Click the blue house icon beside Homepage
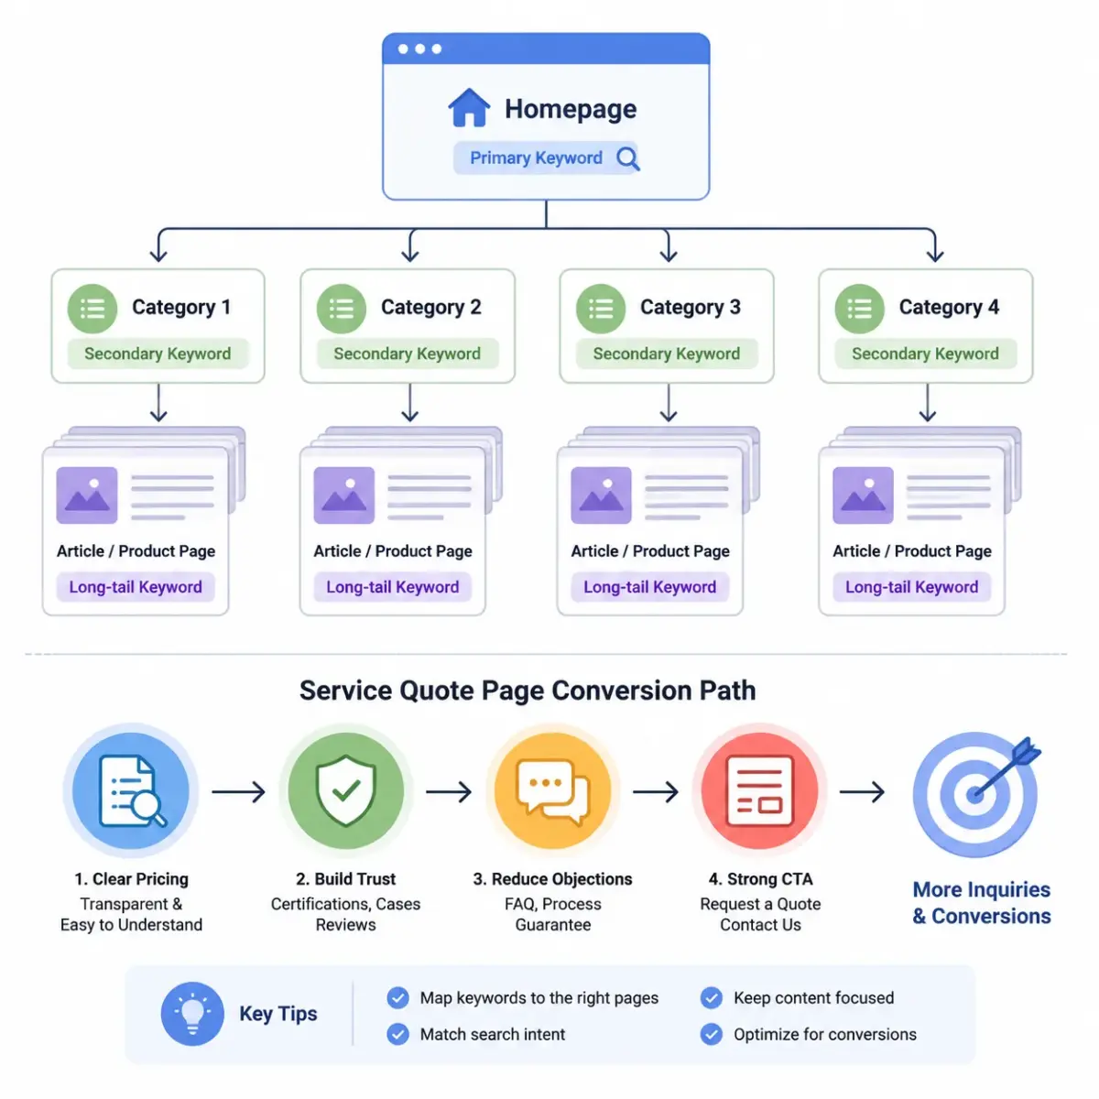(468, 107)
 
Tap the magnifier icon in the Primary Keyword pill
(627, 158)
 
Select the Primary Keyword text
(536, 158)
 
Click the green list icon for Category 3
(600, 309)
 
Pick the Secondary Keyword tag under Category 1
(158, 354)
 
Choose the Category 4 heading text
(949, 307)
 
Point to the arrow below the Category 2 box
(409, 403)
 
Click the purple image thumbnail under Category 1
(87, 495)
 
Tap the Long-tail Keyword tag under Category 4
(911, 587)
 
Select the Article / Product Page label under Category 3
(650, 551)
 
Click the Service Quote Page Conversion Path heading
(528, 691)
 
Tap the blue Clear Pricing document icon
(131, 791)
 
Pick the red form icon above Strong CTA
(759, 791)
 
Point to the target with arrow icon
(975, 794)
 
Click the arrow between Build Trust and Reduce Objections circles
(449, 791)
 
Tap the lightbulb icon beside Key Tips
(192, 1014)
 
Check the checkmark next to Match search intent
(397, 1034)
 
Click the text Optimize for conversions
(824, 1034)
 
